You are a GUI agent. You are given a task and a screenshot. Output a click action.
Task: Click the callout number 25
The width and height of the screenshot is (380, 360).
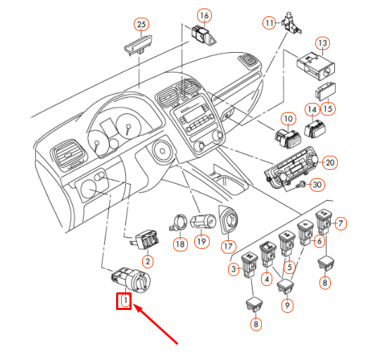[141, 24]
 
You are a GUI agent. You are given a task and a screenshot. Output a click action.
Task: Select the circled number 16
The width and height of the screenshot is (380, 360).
[205, 15]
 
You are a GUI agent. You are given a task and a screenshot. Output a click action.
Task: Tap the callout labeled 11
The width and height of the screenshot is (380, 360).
[270, 23]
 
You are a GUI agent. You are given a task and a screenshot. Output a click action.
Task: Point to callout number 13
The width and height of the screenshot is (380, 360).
[323, 43]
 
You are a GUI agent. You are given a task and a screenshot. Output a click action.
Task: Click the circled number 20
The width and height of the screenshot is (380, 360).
[330, 163]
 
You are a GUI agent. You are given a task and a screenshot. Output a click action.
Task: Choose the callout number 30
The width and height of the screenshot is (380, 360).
[317, 185]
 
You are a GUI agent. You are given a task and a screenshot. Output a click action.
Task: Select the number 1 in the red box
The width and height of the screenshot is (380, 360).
[125, 301]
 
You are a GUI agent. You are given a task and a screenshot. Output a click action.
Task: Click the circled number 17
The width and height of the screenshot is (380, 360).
[228, 247]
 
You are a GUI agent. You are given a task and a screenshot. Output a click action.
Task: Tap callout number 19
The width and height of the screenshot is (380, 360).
[202, 242]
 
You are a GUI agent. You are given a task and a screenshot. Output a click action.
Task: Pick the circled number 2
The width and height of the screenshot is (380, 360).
[148, 261]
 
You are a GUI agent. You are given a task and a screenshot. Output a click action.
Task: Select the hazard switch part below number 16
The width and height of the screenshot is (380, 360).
[203, 36]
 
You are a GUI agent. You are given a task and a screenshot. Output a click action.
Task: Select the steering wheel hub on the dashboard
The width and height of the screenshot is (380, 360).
[162, 151]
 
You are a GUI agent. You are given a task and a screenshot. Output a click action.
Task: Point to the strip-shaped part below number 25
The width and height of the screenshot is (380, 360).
[138, 44]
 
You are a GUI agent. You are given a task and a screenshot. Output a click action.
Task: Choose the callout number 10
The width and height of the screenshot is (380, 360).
[288, 119]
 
